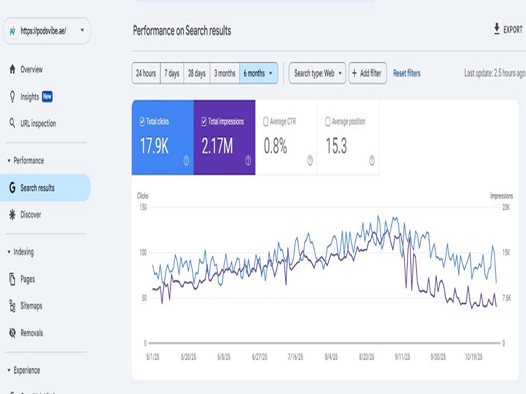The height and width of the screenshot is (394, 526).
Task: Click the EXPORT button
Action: tap(508, 29)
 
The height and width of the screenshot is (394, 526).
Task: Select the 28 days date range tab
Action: tap(197, 73)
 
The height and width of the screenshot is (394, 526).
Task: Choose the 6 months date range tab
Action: tap(258, 73)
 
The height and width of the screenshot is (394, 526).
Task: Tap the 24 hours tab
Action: tap(146, 73)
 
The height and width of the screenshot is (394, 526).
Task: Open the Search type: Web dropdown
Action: tap(317, 73)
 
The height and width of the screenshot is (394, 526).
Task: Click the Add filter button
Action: tap(368, 73)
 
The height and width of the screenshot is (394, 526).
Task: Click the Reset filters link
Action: tap(407, 73)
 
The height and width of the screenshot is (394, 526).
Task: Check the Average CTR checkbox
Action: tap(266, 121)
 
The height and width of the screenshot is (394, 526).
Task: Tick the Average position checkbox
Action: tap(328, 121)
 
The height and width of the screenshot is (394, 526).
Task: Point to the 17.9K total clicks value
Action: tap(154, 146)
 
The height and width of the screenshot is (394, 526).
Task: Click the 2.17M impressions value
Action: tap(217, 146)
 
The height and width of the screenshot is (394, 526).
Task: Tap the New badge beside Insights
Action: tap(47, 97)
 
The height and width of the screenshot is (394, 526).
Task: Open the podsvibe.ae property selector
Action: tap(47, 31)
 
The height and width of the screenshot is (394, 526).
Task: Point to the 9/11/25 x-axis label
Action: tap(402, 357)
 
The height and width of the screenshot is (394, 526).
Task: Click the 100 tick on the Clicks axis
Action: tap(143, 253)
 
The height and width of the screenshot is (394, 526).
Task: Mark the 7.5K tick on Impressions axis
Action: tap(507, 298)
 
